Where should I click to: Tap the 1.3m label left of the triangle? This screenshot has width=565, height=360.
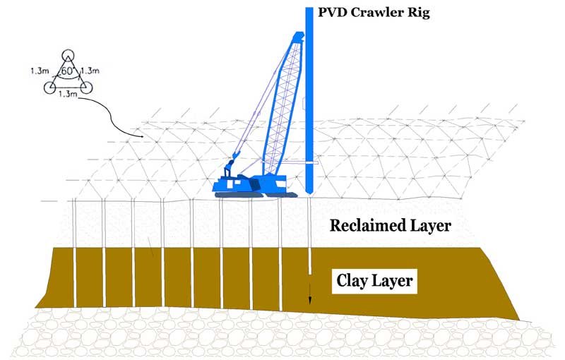pyautogui.click(x=40, y=71)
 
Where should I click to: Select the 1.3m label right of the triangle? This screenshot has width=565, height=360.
pyautogui.click(x=90, y=71)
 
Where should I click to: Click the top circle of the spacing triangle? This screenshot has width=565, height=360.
pyautogui.click(x=67, y=55)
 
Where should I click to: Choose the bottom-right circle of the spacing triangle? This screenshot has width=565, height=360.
pyautogui.click(x=85, y=87)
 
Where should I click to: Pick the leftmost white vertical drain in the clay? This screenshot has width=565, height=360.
pyautogui.click(x=74, y=275)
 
